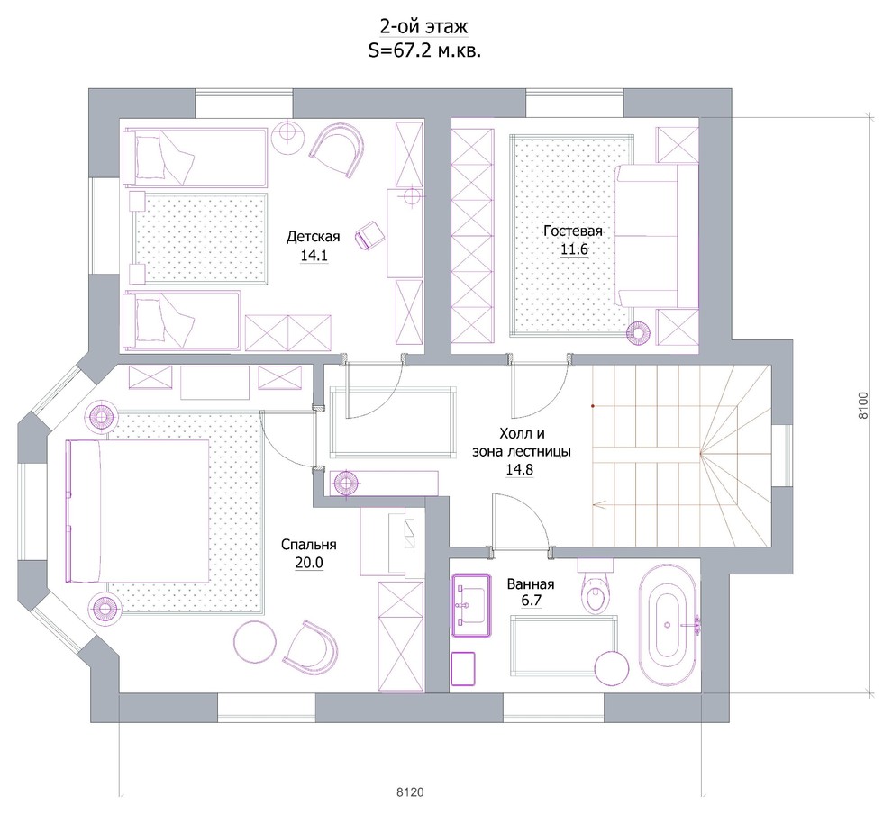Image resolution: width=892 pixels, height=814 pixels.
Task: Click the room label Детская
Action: (313, 237)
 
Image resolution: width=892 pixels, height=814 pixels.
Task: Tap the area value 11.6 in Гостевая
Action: (574, 249)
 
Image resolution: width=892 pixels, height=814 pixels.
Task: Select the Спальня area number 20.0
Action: (309, 563)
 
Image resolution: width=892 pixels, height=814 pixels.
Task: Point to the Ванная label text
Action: (530, 584)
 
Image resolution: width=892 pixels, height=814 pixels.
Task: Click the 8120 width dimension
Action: (410, 791)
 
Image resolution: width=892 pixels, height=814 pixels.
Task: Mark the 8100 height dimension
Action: (863, 405)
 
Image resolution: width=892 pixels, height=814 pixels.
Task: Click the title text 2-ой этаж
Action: (423, 26)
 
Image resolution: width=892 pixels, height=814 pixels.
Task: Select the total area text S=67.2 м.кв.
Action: (424, 50)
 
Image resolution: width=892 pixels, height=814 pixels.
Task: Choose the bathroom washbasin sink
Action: (471, 605)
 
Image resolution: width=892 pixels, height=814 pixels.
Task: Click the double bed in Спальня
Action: (138, 511)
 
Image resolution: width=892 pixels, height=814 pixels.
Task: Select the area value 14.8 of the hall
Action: (519, 470)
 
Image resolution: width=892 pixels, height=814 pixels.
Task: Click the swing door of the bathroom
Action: (521, 522)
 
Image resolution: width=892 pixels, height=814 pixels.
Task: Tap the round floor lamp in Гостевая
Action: (640, 333)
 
